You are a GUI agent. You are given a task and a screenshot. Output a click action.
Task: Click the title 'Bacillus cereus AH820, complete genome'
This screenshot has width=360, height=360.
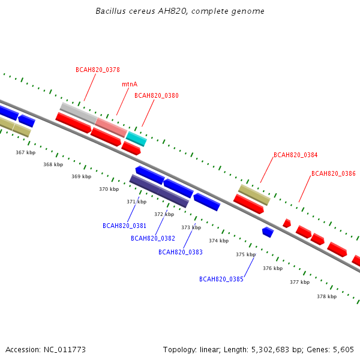pos(180,11)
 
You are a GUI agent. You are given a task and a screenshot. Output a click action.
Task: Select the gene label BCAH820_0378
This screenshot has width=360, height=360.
pos(98,70)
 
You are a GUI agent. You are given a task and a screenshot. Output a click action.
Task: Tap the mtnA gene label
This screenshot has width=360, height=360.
pos(130,84)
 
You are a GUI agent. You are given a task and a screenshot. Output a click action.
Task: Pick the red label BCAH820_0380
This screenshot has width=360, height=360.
pos(157,95)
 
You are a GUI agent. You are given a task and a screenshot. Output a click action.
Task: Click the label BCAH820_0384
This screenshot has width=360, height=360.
pos(295,155)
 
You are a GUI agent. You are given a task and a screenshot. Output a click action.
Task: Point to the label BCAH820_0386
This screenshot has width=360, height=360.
pos(334,173)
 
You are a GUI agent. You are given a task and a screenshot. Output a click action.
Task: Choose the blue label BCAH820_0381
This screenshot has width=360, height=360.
pos(124,226)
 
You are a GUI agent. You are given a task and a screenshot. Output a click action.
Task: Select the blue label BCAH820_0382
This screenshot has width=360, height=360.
pos(153,239)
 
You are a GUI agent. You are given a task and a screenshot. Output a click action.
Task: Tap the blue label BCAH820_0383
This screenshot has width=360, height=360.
pos(181,253)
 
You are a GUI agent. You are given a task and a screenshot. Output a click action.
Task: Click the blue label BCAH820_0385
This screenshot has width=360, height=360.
pos(221,279)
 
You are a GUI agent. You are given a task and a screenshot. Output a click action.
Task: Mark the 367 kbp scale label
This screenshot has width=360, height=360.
pos(25,152)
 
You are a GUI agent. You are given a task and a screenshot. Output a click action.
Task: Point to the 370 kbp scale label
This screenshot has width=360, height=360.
pos(109,189)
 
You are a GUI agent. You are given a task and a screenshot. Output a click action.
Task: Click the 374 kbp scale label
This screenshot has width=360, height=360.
pos(219,241)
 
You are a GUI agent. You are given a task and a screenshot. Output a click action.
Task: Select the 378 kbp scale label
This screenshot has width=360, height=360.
pos(327,296)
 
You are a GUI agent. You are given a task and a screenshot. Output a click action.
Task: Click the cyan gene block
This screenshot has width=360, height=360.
pos(136,139)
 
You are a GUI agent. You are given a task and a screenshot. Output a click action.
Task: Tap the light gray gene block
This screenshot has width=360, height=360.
pos(79,113)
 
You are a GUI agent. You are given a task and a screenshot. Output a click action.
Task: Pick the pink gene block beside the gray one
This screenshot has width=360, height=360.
pos(111,128)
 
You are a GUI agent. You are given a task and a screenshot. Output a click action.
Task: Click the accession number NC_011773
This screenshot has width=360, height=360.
pos(65,350)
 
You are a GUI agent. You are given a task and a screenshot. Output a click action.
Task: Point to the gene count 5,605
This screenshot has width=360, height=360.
pos(343,350)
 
